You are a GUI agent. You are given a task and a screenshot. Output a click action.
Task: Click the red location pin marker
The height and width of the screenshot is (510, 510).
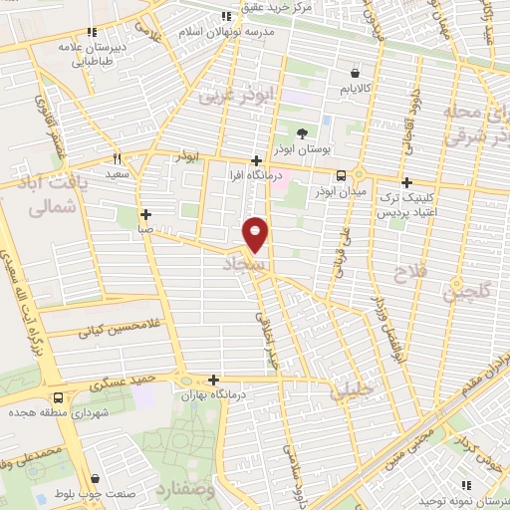point(256,233)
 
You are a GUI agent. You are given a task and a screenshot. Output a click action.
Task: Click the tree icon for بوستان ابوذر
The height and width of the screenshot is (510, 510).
point(303,132)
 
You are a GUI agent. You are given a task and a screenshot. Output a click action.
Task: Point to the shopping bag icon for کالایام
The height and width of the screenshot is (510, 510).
point(357,72)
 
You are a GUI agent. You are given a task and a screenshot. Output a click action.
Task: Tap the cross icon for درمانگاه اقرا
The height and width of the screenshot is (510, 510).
point(257,160)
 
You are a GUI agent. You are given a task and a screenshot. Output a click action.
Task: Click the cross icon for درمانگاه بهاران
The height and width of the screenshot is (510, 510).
point(214,379)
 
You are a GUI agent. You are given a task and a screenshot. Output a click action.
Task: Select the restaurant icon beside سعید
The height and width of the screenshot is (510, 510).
point(118,158)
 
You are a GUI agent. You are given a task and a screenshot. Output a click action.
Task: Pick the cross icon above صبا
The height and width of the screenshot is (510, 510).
point(146,213)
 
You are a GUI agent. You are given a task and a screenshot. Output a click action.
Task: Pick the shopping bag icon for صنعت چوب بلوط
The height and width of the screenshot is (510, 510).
point(95,478)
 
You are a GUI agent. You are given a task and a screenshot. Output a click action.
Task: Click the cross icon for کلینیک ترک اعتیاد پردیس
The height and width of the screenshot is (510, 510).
point(406,182)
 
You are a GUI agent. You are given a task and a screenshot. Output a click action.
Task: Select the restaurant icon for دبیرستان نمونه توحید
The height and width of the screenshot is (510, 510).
point(469,484)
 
